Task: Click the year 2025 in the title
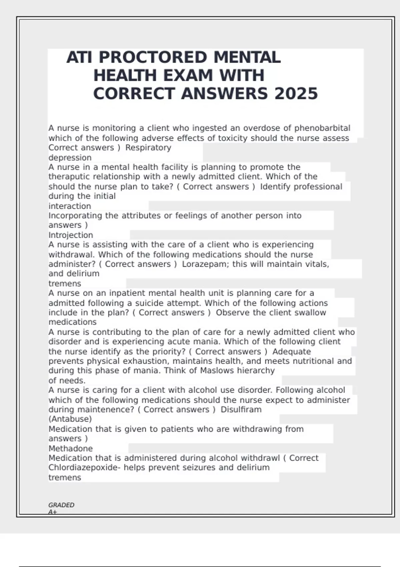296,93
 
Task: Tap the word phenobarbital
322,128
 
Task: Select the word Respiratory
148,147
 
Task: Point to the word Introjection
71,235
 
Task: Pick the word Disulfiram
241,410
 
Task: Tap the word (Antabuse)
70,419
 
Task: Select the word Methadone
71,449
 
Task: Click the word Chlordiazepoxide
83,468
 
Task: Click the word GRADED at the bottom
61,505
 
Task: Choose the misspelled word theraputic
69,176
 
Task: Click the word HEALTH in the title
125,75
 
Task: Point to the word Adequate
292,352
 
